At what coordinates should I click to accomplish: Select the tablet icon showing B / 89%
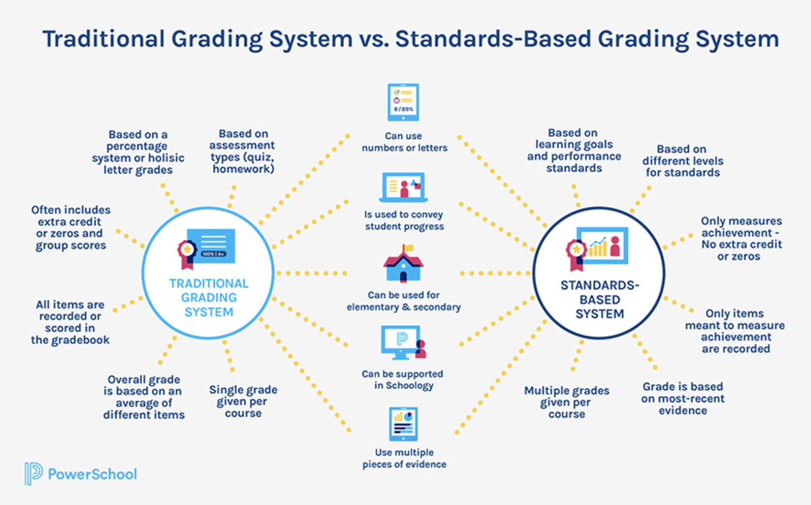point(403,101)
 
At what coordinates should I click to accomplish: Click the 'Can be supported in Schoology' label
point(403,379)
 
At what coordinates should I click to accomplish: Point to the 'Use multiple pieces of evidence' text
point(403,458)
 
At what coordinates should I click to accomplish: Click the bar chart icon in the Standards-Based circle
point(598,247)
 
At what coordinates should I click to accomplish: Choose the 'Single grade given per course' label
point(243,401)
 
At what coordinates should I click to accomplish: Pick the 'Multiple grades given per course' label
point(566,402)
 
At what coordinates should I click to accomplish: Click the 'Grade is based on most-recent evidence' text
point(682,398)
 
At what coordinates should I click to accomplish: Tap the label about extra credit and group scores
point(71,228)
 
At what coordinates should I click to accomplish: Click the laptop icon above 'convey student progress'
point(403,185)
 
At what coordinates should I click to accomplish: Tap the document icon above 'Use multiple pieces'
point(403,423)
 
